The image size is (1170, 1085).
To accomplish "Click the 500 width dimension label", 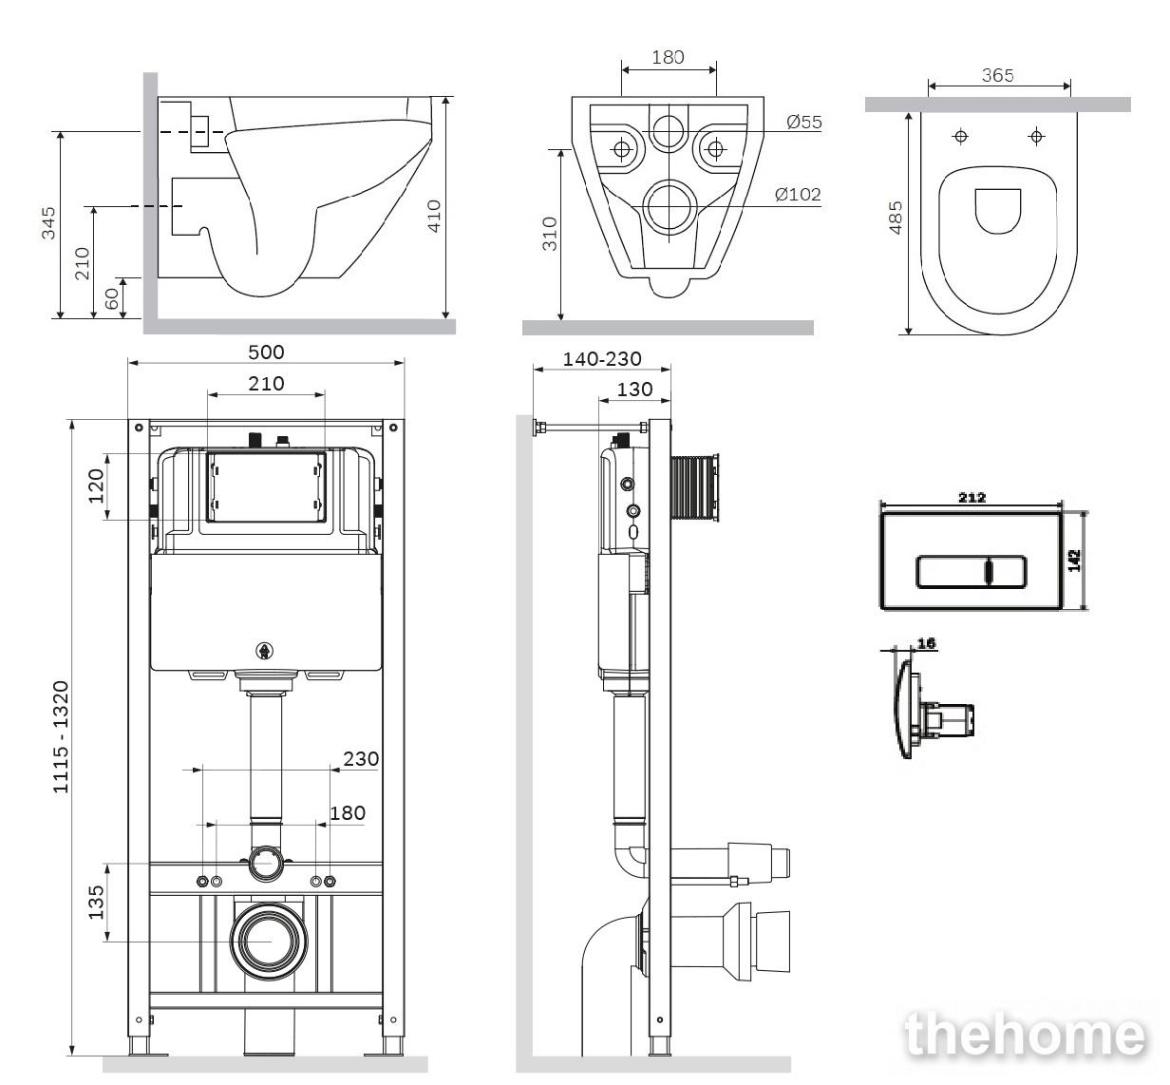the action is (x=266, y=352).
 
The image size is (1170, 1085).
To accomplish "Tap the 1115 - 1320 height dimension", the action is (x=62, y=737).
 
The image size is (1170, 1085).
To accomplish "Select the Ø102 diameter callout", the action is (x=798, y=194).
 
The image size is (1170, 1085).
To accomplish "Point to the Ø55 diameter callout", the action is (x=803, y=122).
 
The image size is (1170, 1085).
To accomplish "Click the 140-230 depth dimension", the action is (x=601, y=358).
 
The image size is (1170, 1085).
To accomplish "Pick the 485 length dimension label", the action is (x=896, y=218).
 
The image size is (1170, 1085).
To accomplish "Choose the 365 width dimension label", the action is (x=997, y=75).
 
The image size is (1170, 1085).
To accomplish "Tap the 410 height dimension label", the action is (x=434, y=216).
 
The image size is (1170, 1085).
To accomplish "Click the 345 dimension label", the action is (x=48, y=223).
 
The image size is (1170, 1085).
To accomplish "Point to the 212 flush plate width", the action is (x=972, y=498).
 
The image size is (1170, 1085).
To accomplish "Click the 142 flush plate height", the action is (x=1074, y=561).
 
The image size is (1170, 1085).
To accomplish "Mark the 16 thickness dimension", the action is (x=927, y=643).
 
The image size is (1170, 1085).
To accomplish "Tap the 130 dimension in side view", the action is (x=634, y=390).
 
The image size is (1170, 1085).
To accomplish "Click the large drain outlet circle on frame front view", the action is (x=269, y=942).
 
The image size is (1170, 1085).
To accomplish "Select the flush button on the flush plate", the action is (x=972, y=571).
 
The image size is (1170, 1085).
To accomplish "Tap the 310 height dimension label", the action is (x=550, y=234).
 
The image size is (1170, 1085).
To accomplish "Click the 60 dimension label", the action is (x=111, y=298).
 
